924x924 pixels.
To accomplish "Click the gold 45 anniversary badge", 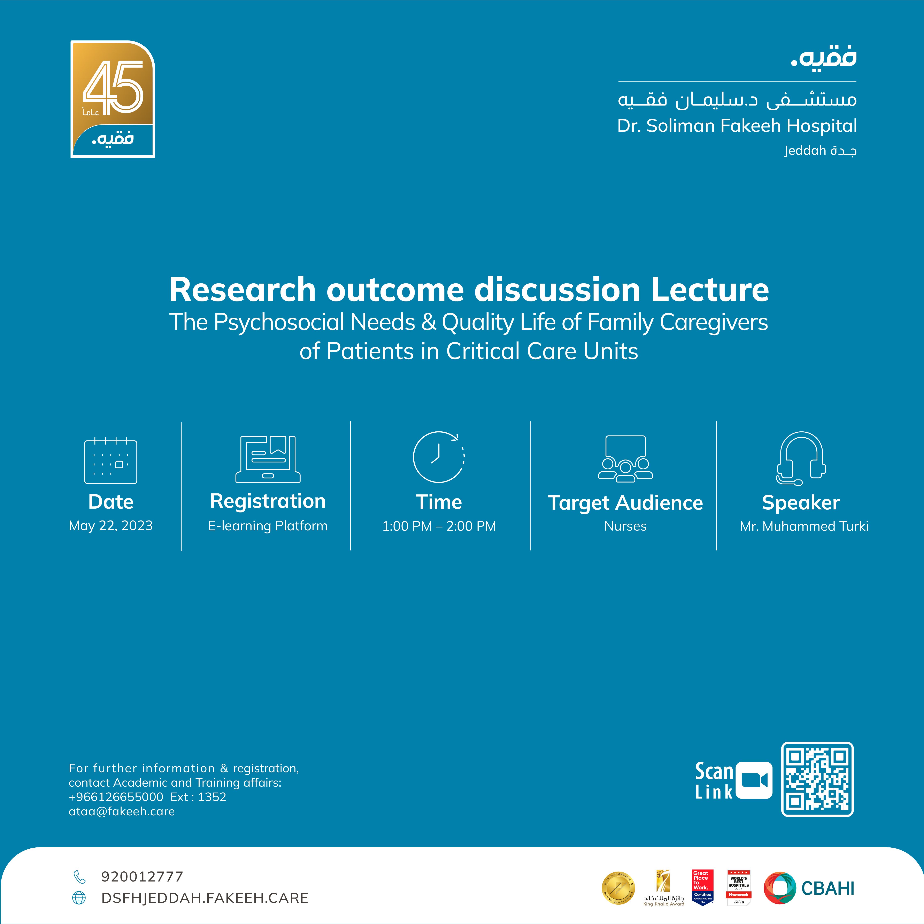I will tap(113, 99).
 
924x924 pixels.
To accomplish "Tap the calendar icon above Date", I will tap(110, 461).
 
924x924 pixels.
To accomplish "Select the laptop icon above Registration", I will tap(268, 459).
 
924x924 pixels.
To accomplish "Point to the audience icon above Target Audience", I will tap(625, 458).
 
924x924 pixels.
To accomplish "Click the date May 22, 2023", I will tap(110, 526).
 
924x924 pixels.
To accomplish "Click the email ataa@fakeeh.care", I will tap(122, 812).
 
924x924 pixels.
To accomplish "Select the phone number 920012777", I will tap(142, 877).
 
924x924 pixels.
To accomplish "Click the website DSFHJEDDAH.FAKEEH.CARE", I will tap(205, 898).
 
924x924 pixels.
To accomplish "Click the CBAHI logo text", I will tap(827, 888).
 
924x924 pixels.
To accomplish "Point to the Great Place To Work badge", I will tap(703, 887).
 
